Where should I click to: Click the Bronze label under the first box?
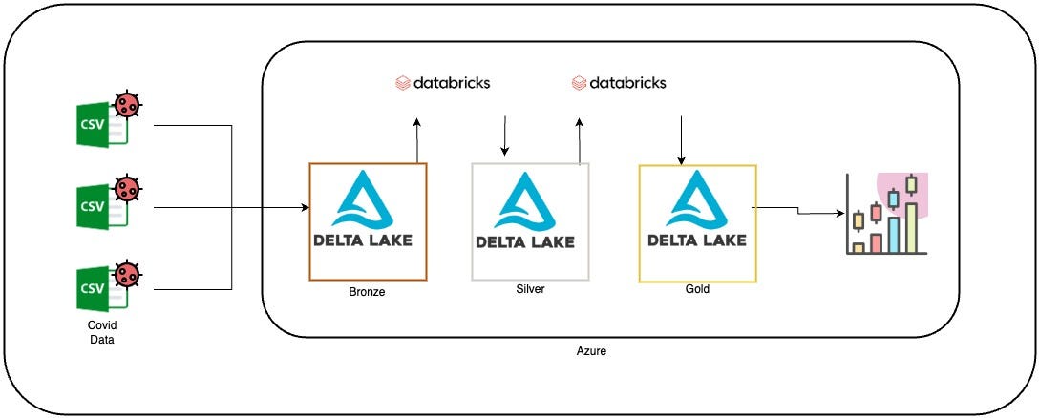pos(367,292)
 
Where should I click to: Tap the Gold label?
pos(697,288)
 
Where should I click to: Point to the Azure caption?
pos(591,351)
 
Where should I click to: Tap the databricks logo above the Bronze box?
pos(443,83)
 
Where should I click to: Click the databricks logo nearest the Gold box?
pos(619,83)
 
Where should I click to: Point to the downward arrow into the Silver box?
pos(504,137)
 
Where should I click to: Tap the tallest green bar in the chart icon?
pos(911,227)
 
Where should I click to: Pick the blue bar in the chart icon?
pos(893,234)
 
